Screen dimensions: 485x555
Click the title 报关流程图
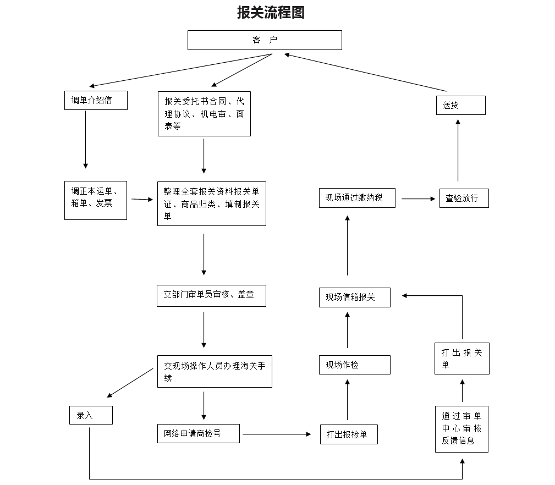[x=271, y=13]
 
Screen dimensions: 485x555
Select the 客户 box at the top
[x=265, y=40]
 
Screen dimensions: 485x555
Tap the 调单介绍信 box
[x=96, y=101]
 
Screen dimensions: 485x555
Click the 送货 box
[x=461, y=105]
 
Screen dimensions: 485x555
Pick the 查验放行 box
[x=464, y=199]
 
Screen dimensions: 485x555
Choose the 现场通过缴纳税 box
[x=357, y=198]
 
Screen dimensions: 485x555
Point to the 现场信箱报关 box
[x=355, y=297]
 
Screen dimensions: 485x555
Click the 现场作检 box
[x=355, y=365]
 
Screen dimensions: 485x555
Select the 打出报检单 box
[x=349, y=434]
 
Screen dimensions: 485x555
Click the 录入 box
[x=91, y=415]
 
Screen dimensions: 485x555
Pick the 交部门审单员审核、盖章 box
[x=211, y=295]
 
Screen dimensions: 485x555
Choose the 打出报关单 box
[x=461, y=359]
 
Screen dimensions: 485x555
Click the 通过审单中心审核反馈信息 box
[x=461, y=429]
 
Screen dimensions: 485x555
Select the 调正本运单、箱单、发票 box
[x=96, y=200]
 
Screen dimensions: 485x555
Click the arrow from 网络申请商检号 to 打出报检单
[x=277, y=434]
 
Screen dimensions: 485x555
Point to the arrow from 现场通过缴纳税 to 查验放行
[x=418, y=199]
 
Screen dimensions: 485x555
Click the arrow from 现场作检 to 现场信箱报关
[x=348, y=330]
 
